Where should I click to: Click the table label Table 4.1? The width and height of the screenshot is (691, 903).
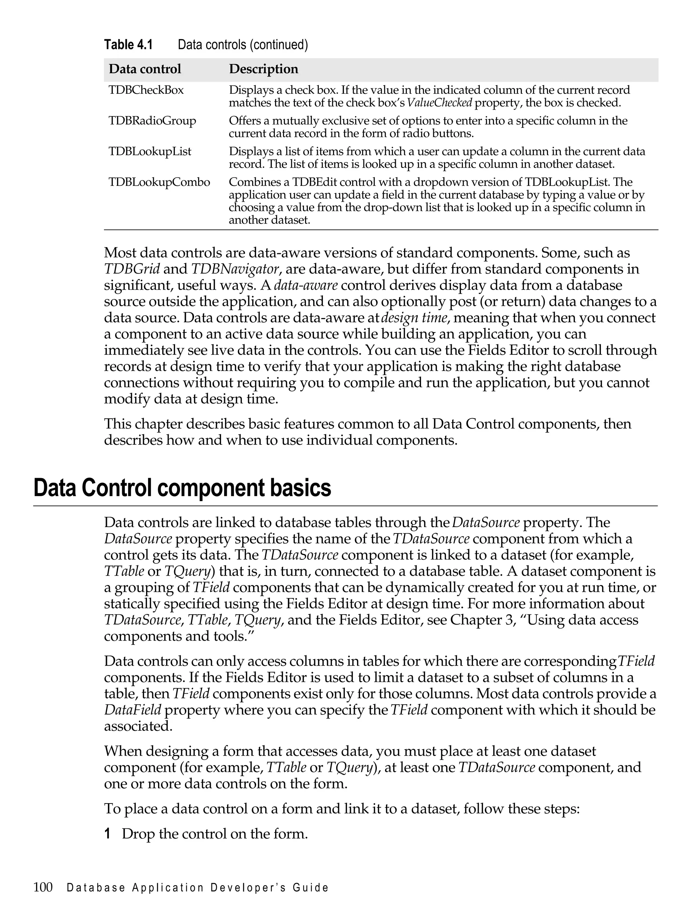128,45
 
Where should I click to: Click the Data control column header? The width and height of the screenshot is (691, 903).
144,69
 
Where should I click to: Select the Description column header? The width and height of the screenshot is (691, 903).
263,69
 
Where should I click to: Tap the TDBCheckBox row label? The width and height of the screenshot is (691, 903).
146,90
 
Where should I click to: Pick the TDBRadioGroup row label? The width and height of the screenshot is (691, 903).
152,121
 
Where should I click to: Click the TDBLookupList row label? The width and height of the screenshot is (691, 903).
150,152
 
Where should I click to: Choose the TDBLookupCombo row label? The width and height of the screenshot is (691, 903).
159,182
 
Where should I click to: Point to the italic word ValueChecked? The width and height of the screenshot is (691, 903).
439,103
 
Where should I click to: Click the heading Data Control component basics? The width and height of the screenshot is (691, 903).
182,488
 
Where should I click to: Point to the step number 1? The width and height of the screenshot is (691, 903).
107,834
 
